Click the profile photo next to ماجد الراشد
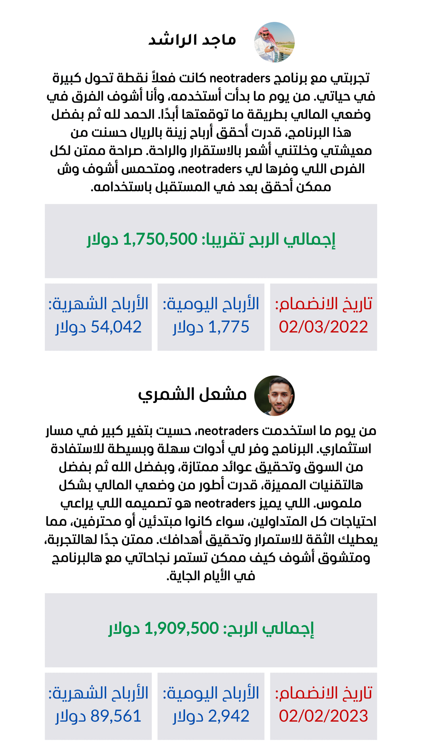[274, 42]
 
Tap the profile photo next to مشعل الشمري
[274, 395]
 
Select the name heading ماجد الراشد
[192, 40]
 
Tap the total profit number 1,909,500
[182, 628]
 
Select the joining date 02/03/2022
[323, 327]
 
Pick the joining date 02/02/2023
[323, 716]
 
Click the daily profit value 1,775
[229, 327]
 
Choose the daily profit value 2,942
[229, 716]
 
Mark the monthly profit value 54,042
[116, 327]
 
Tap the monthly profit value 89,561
[116, 716]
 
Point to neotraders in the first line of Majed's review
[240, 79]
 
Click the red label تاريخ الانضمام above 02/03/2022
[323, 304]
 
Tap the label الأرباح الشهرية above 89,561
[98, 693]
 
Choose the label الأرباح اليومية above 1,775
[211, 304]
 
